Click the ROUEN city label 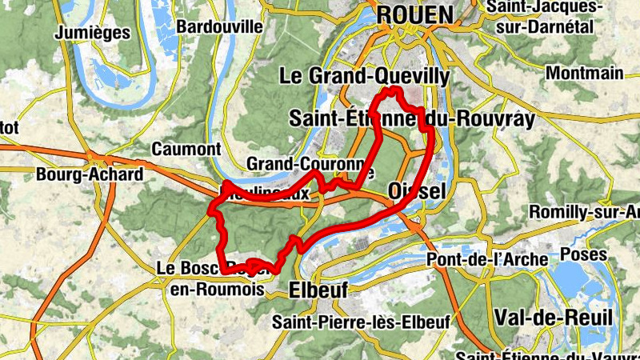[x=414, y=14]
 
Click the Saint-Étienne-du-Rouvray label [x=411, y=118]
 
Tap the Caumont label [x=186, y=149]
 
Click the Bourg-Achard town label [x=90, y=174]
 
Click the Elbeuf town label [x=318, y=290]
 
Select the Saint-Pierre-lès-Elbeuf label [x=361, y=322]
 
